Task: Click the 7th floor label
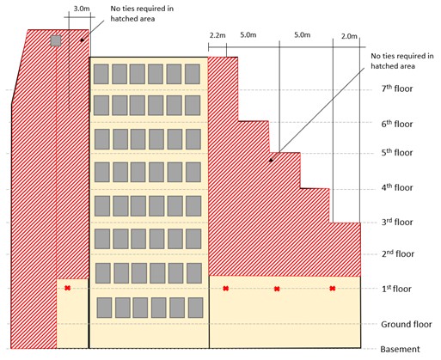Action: click(397, 88)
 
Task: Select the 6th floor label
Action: click(397, 124)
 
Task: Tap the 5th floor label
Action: click(397, 152)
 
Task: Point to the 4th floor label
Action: click(397, 187)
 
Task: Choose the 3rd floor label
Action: click(397, 222)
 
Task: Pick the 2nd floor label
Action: click(398, 253)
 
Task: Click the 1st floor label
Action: click(396, 289)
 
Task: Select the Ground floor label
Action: click(407, 324)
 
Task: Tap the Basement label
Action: click(400, 349)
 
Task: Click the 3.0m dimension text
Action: click(82, 9)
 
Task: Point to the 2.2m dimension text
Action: click(217, 35)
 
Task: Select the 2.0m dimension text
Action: click(349, 36)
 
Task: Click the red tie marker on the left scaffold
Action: click(67, 288)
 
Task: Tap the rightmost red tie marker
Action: click(333, 288)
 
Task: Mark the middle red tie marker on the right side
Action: click(277, 289)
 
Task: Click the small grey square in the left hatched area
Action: click(56, 40)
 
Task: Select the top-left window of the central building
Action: click(101, 74)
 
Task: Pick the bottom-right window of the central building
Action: click(196, 308)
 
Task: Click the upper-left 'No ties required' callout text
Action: click(142, 14)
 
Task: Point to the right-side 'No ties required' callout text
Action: click(402, 61)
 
